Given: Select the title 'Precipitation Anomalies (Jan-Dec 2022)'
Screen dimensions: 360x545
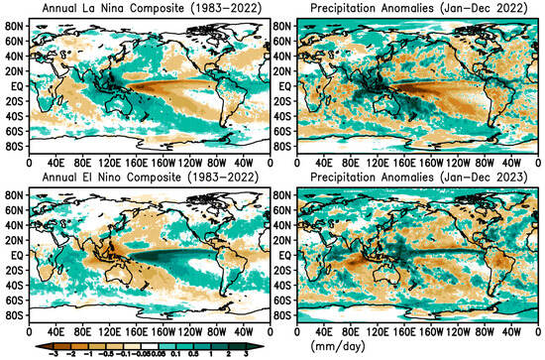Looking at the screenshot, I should pos(411,7).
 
